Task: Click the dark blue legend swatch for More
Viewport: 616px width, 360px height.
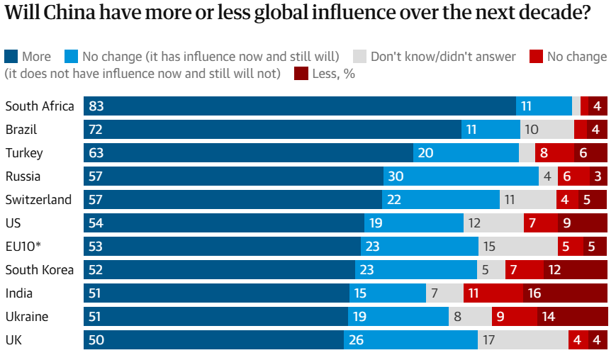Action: pos(11,56)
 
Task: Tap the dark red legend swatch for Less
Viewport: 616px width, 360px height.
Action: pos(301,73)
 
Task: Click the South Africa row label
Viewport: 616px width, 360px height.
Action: pos(40,106)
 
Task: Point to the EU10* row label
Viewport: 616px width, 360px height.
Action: pos(24,247)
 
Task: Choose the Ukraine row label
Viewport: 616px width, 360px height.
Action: pos(27,317)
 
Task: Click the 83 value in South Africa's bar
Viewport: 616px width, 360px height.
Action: pos(97,106)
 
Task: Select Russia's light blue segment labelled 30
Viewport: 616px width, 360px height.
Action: pos(461,176)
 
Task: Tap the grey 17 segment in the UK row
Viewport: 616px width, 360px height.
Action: pos(522,340)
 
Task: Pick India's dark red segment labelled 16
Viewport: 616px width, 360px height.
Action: pos(565,293)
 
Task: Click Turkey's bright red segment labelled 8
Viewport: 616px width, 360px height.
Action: pos(554,153)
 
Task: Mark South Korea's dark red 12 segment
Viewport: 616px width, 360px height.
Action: pos(576,270)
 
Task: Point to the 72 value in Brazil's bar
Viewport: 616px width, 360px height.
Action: pos(97,130)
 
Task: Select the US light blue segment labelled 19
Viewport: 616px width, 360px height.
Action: pos(414,223)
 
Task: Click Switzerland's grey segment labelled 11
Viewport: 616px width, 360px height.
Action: pos(527,200)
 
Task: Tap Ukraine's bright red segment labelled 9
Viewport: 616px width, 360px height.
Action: pos(512,317)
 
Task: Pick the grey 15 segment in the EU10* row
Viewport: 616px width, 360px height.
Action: pos(517,247)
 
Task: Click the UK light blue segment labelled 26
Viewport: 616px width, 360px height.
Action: pos(410,340)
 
